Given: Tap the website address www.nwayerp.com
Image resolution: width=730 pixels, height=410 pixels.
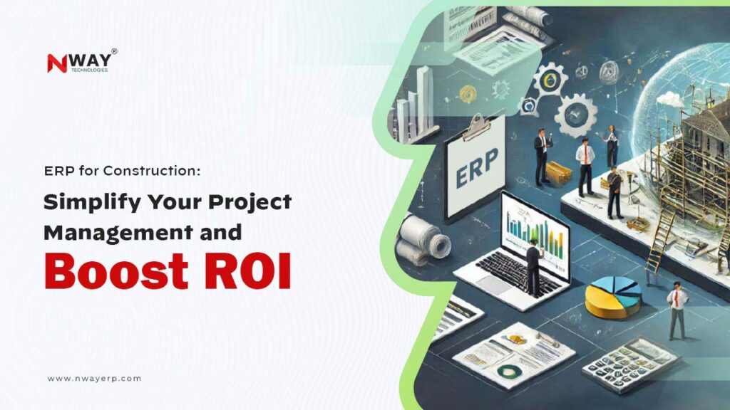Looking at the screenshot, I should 94,379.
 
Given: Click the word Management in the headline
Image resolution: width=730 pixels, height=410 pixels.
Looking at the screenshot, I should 108,232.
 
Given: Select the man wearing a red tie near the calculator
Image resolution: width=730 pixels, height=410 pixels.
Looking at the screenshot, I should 677,310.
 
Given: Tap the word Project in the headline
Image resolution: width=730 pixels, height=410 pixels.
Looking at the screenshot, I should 250,203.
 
